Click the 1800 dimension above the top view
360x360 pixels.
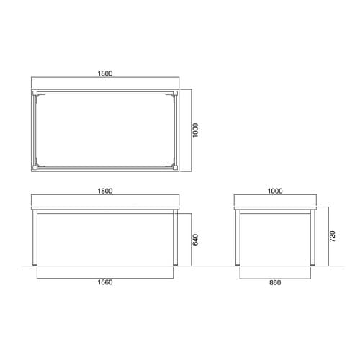105,73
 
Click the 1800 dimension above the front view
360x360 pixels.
105,191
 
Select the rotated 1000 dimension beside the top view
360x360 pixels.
196,130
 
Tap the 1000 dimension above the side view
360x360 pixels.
275,191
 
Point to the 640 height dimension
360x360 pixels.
195,240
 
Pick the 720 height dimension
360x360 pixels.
332,236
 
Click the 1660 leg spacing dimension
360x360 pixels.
105,282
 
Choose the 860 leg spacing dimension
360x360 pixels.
275,282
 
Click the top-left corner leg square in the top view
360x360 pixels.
35,93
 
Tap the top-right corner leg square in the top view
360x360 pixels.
176,93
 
